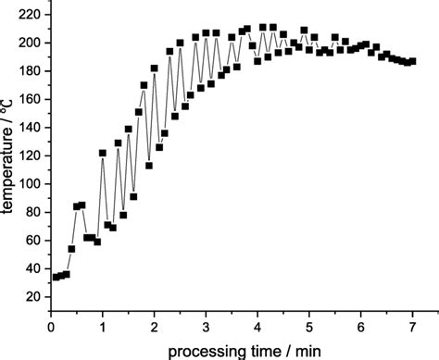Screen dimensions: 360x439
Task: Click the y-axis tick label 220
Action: pyautogui.click(x=29, y=16)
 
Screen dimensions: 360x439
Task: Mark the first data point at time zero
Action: pyautogui.click(x=56, y=277)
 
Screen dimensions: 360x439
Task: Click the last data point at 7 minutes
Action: pyautogui.click(x=412, y=61)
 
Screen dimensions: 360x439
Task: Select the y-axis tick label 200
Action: pyautogui.click(x=29, y=43)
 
